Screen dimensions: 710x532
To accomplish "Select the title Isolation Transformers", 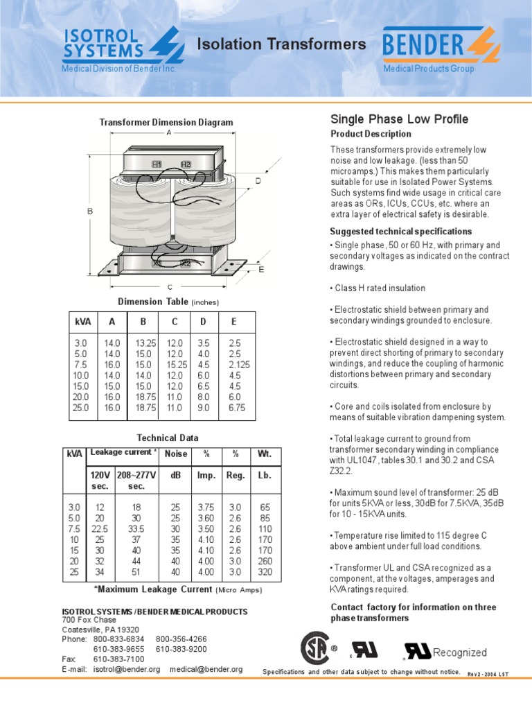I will click(x=282, y=44).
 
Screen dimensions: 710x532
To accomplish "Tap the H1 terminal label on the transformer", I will click(x=157, y=164).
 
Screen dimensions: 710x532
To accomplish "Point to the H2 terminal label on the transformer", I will click(x=186, y=164).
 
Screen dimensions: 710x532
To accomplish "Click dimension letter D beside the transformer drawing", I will click(x=258, y=180).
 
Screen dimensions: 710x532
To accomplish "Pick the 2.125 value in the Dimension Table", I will click(x=239, y=365).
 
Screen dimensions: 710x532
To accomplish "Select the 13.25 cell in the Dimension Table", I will click(x=145, y=343).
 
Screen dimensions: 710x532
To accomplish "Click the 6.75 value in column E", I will click(x=238, y=408).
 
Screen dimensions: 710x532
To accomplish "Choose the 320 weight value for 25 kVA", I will click(x=264, y=573).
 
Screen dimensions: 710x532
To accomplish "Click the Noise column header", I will click(x=176, y=453).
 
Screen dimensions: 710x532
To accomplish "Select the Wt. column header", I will click(x=264, y=453).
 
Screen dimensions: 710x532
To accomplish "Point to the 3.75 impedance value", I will click(x=206, y=507).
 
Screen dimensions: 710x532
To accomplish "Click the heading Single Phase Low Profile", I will click(x=400, y=119).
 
